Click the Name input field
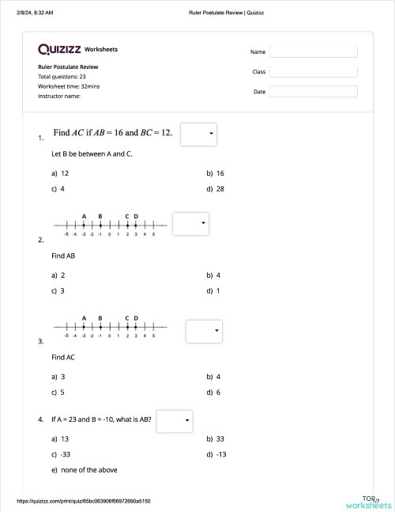click(x=313, y=51)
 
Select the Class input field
click(x=313, y=71)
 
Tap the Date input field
click(x=313, y=91)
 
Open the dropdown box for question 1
click(x=198, y=135)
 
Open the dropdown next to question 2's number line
click(x=190, y=224)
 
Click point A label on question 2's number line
click(x=84, y=216)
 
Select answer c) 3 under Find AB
click(x=58, y=291)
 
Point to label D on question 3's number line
click(x=136, y=318)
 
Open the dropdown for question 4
click(x=175, y=420)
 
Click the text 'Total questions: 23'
click(x=62, y=77)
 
